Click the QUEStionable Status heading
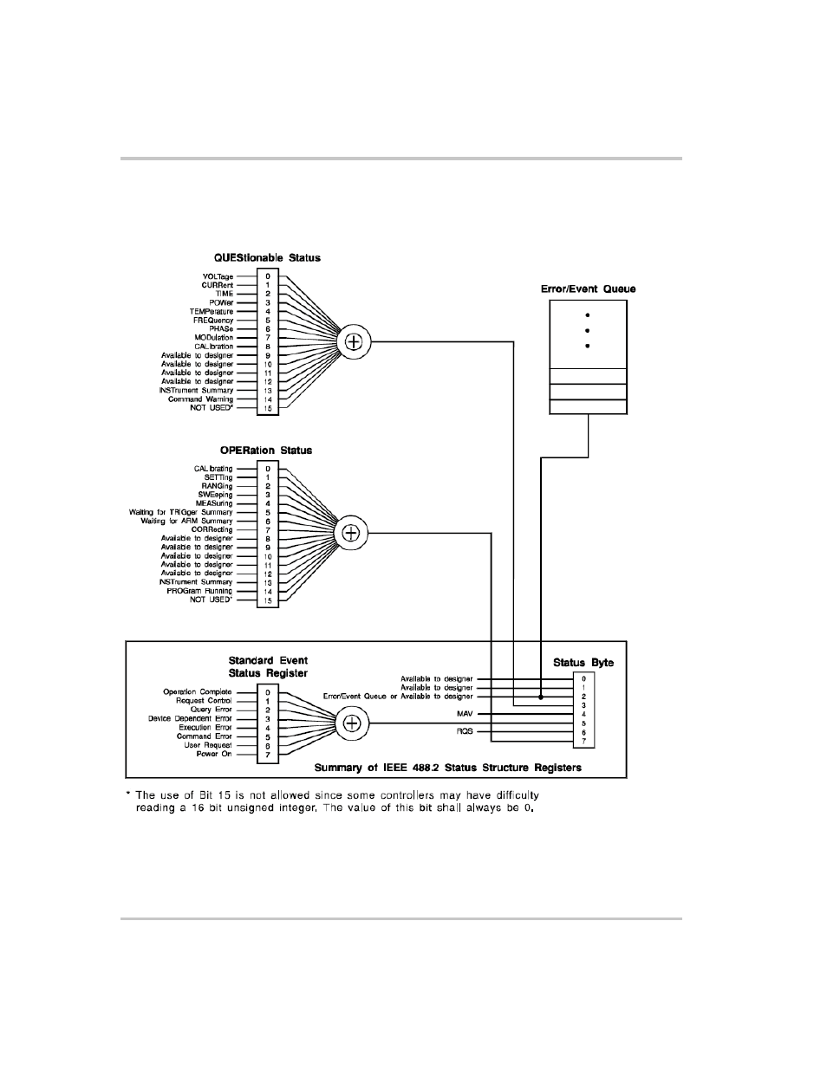[x=267, y=258]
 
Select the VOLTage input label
[x=218, y=276]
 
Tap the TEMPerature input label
[x=212, y=312]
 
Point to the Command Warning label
[x=200, y=399]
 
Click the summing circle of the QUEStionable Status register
[x=354, y=341]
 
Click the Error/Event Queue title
[x=588, y=289]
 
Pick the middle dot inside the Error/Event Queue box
[x=588, y=331]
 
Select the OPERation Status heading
[x=266, y=451]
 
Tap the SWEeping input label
[x=215, y=495]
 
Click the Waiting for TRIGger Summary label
[x=181, y=513]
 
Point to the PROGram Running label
[x=199, y=591]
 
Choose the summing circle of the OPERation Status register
[x=351, y=534]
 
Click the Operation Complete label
[x=198, y=692]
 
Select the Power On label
[x=214, y=754]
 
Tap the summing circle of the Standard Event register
[x=352, y=723]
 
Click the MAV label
[x=465, y=714]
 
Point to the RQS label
[x=465, y=732]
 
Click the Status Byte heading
[x=583, y=663]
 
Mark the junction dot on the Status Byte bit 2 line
[x=541, y=697]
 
